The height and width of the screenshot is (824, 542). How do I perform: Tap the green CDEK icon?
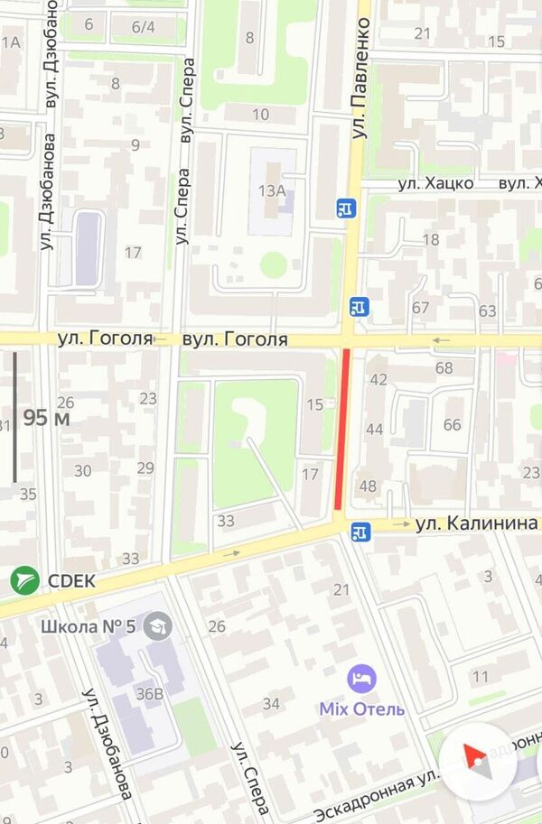[x=24, y=580]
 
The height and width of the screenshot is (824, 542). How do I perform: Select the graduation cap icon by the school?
[x=159, y=625]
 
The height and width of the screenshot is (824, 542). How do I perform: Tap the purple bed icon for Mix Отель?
[x=362, y=678]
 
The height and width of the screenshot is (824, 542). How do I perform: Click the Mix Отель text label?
[x=361, y=708]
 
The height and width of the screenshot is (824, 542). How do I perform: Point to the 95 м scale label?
[x=47, y=418]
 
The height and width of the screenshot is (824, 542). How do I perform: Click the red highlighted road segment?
[x=342, y=430]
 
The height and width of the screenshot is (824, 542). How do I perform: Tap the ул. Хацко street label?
[x=436, y=183]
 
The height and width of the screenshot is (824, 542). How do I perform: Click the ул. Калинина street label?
[x=477, y=523]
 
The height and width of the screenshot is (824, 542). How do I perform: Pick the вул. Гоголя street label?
[x=235, y=340]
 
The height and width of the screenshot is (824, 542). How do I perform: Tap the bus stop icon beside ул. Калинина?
[x=361, y=532]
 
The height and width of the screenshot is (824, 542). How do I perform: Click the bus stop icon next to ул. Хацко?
[x=347, y=208]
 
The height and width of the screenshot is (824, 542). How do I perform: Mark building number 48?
[x=368, y=486]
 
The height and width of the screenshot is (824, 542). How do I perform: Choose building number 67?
[x=420, y=308]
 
